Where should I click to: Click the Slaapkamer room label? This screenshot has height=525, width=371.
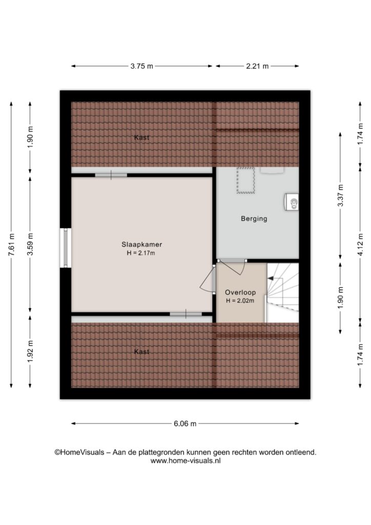[141, 245]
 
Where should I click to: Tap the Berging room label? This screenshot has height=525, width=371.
[254, 219]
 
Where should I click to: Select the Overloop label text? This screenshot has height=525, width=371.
[240, 292]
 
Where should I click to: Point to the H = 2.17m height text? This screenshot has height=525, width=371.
[141, 253]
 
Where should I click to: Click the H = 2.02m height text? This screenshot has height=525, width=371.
[240, 300]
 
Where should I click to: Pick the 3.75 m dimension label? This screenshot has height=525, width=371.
[141, 66]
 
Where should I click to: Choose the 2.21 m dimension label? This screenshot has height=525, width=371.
[257, 66]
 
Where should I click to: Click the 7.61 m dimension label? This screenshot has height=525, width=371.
[11, 245]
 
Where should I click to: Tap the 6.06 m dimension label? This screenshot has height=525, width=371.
[185, 423]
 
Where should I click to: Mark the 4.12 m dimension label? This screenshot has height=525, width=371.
[360, 245]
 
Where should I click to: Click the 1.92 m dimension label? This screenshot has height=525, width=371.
[30, 351]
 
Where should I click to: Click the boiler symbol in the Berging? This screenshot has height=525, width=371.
[292, 202]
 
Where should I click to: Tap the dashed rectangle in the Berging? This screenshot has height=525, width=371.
[246, 180]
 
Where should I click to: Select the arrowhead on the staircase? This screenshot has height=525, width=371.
[271, 278]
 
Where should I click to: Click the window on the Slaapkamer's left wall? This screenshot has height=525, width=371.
[66, 248]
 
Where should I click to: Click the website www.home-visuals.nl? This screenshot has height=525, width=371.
[186, 461]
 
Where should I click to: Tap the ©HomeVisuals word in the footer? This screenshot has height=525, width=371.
[79, 452]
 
